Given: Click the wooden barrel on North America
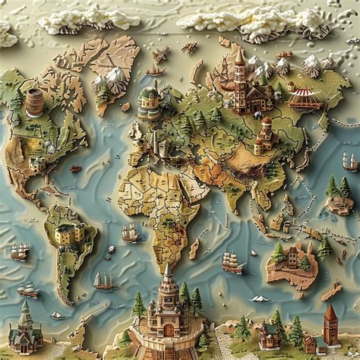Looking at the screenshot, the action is pos(34,102).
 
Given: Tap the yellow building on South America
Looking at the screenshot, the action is pos(68,234).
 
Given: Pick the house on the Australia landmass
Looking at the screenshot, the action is pos(292,255).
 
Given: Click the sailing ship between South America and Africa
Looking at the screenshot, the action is pos(130,234).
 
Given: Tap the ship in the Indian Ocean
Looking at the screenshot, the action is pos(232,262).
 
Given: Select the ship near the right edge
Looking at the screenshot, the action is pos(349,161).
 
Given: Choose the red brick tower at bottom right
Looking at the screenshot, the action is pos(330,324).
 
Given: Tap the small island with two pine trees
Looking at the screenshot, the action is pos(339,196).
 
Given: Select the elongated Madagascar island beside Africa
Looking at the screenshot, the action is pos(195,248).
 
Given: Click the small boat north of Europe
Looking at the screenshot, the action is pos(155,70).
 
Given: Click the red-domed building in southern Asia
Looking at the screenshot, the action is pos(265,132).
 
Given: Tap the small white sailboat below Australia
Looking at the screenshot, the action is pos(261,298).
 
